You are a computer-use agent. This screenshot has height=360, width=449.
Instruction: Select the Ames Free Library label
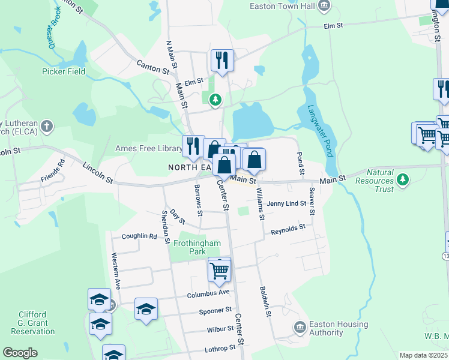point(147,148)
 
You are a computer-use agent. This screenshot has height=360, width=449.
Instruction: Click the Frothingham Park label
point(197,247)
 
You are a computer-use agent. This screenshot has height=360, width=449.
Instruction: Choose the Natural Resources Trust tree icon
point(403,179)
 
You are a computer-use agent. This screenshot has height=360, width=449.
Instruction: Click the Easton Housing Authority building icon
point(299,328)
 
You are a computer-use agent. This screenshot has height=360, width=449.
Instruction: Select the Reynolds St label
point(288,230)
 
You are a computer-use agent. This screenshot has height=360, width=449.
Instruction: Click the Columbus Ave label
point(208,293)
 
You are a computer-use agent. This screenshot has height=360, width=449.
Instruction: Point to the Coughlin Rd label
point(139,236)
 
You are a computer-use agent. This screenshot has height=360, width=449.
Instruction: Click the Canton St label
point(152,66)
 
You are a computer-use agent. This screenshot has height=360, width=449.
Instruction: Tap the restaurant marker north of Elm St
point(221,60)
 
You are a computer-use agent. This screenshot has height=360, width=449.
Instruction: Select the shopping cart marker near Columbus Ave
point(219,269)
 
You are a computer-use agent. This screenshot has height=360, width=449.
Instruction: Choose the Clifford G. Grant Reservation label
point(37,322)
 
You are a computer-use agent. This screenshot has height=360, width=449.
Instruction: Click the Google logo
point(20,353)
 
